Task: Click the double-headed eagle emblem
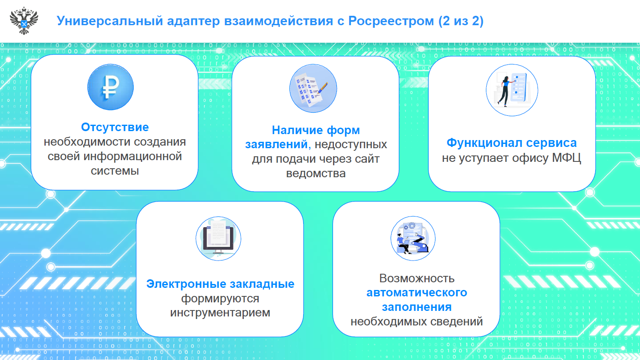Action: (24, 21)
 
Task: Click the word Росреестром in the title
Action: (391, 21)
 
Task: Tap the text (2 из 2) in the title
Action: (461, 21)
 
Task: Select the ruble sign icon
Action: (111, 87)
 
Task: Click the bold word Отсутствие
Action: (115, 127)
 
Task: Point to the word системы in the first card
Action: (115, 171)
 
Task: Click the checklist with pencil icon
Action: (313, 88)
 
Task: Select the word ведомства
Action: (316, 173)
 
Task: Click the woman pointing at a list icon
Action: (512, 90)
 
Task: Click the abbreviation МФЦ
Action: (566, 158)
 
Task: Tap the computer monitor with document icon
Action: (218, 239)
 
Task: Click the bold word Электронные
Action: (186, 284)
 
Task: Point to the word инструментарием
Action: (220, 313)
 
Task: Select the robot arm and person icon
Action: (413, 238)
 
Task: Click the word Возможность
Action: (417, 278)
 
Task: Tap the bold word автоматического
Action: (417, 293)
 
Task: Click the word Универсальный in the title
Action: (110, 21)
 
